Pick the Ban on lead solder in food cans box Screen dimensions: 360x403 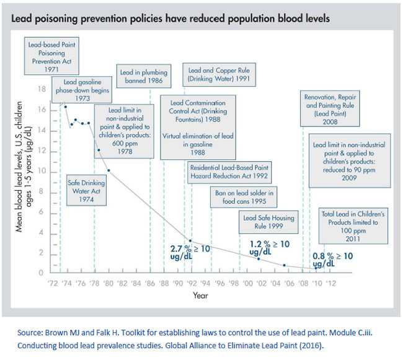244,196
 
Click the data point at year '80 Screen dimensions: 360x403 108,170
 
